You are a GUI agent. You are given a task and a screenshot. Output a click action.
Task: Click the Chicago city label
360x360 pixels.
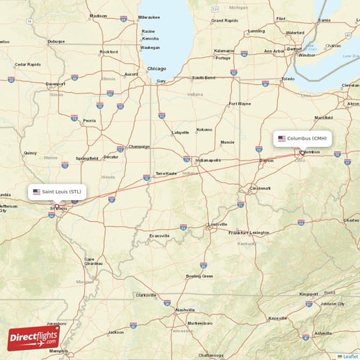[x=156, y=68]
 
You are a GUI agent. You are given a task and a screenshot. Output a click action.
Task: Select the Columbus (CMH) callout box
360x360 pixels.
[x=303, y=138]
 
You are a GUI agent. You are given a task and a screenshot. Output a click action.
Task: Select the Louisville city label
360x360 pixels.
[x=217, y=225]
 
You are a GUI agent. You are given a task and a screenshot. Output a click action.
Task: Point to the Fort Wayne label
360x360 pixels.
[x=239, y=104]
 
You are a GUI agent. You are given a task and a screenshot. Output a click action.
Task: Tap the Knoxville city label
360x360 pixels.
[x=278, y=318]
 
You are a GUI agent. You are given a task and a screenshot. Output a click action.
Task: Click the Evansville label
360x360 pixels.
[x=159, y=235]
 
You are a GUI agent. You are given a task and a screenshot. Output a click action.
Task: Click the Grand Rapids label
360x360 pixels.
[x=224, y=21]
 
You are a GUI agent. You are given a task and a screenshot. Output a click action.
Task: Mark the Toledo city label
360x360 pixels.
[x=288, y=78]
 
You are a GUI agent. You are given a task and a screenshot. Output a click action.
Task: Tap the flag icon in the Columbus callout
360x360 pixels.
[x=282, y=138]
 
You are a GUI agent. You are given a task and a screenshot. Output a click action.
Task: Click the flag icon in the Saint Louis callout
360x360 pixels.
[x=37, y=192]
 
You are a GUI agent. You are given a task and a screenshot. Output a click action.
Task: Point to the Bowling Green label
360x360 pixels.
[x=199, y=276]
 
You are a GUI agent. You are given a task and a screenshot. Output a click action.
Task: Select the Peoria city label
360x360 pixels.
[x=89, y=120]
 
